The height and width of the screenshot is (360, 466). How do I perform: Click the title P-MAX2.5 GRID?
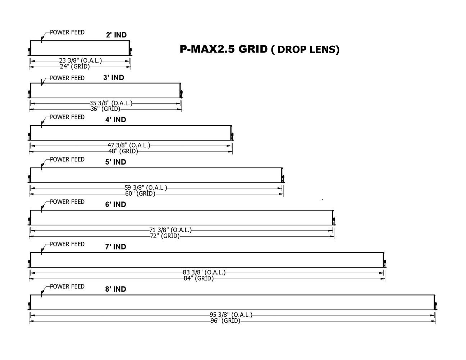(x=223, y=49)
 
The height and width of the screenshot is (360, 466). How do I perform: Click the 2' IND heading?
(x=116, y=35)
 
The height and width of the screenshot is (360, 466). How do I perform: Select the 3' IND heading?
(x=114, y=77)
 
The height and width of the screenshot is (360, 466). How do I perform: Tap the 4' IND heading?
(x=115, y=120)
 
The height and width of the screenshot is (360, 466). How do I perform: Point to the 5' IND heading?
(x=115, y=162)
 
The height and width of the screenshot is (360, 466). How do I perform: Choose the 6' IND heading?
(x=115, y=204)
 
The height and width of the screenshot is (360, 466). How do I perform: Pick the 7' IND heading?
(x=115, y=247)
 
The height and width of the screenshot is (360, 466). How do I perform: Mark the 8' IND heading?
(x=115, y=289)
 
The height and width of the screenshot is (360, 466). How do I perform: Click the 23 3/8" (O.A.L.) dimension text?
(x=81, y=61)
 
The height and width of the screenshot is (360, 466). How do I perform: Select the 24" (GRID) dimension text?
(x=75, y=67)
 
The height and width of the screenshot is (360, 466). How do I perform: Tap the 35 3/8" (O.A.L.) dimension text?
(x=111, y=103)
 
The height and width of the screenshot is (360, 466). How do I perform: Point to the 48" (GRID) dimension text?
(x=123, y=151)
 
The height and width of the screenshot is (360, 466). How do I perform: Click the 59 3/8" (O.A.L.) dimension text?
(x=146, y=188)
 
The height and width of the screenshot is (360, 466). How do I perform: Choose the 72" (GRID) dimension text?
(x=165, y=236)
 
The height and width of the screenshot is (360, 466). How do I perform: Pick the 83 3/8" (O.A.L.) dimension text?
(x=204, y=273)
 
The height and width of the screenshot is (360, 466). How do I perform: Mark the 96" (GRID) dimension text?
(x=225, y=321)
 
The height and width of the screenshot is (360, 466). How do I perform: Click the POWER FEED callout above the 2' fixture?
(x=67, y=32)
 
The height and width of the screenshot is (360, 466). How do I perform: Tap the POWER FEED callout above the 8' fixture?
(x=67, y=287)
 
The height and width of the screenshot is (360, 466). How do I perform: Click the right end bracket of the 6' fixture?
(x=333, y=218)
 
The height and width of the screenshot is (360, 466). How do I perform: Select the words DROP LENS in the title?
(x=306, y=50)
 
